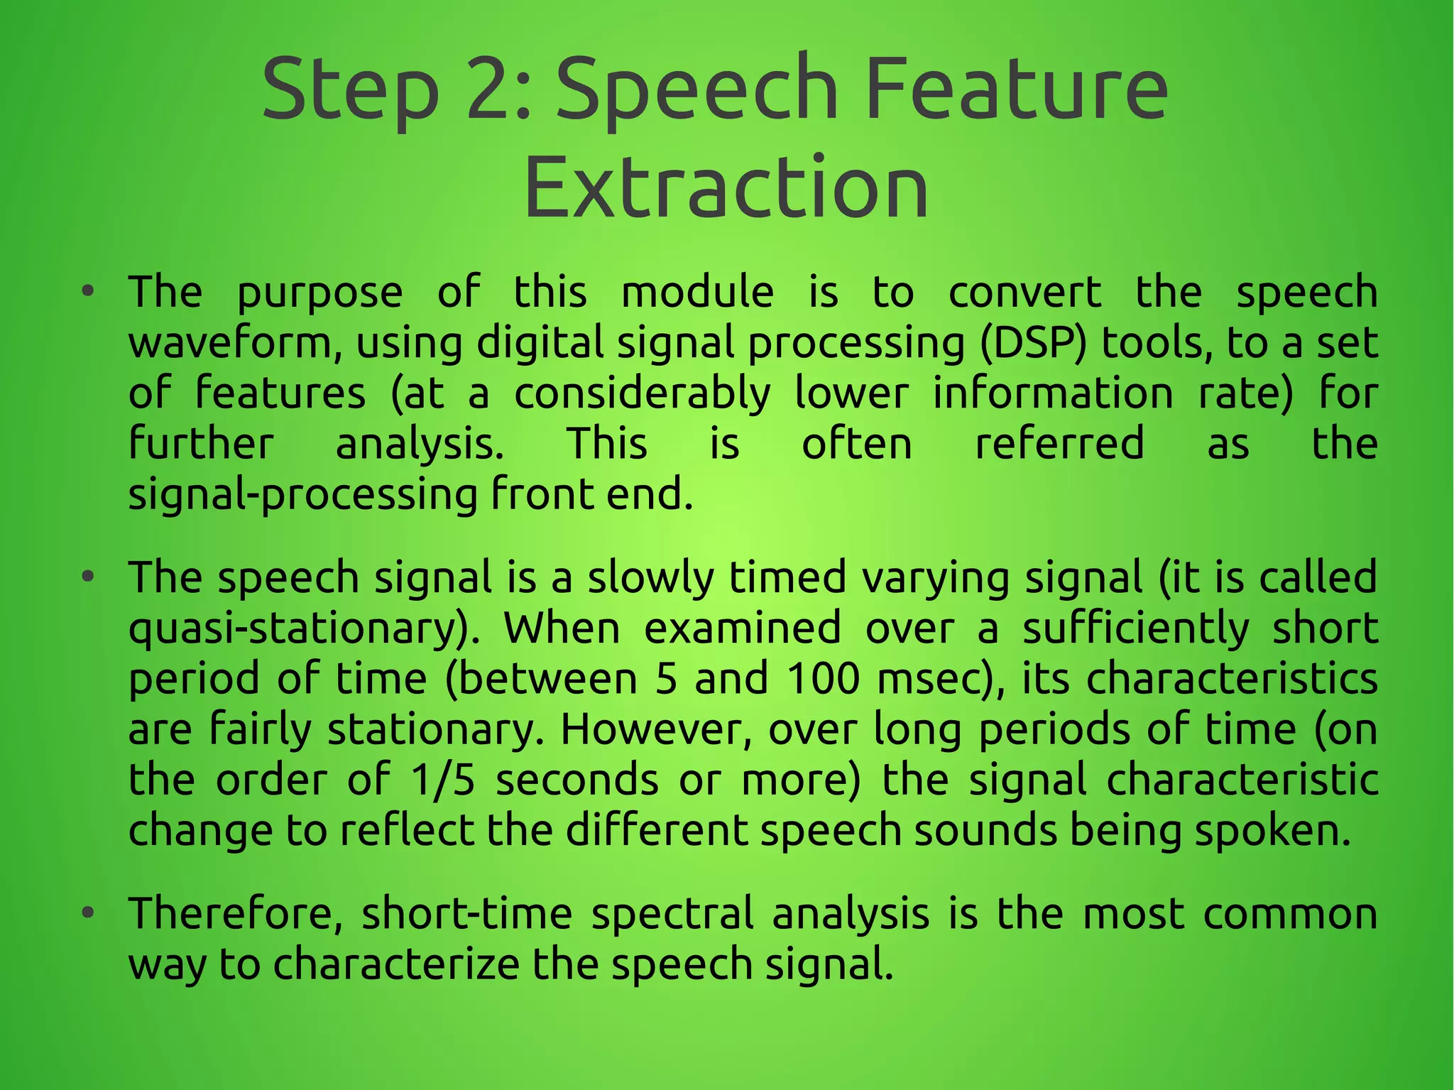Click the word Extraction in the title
pos(726,188)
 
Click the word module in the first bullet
pos(697,293)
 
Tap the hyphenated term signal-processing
pos(302,496)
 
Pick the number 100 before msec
pos(823,679)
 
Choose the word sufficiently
pos(1135,629)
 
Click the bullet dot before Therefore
pos(87,912)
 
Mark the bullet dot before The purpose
pos(87,291)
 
